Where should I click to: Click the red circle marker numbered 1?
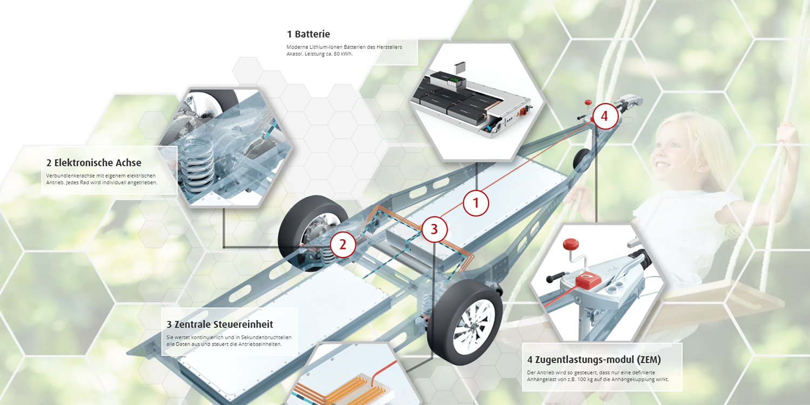pyautogui.click(x=476, y=203)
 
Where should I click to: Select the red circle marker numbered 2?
pyautogui.click(x=343, y=245)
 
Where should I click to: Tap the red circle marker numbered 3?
pyautogui.click(x=434, y=229)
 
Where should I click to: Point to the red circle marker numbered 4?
pyautogui.click(x=605, y=116)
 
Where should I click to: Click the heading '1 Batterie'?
pyautogui.click(x=308, y=34)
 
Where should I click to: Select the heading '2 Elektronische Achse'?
pyautogui.click(x=93, y=163)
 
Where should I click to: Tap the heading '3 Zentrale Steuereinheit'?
pyautogui.click(x=219, y=325)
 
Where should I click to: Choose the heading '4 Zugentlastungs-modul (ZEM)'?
pyautogui.click(x=594, y=360)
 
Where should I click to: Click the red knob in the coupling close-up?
pyautogui.click(x=571, y=245)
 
